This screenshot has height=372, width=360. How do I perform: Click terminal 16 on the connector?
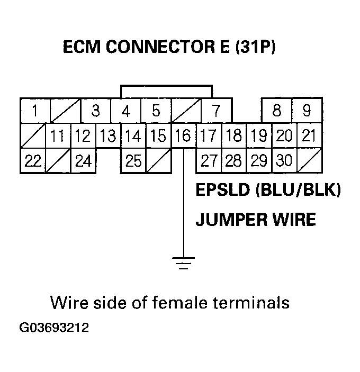pos(183,136)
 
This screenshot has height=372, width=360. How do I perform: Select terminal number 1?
pos(34,111)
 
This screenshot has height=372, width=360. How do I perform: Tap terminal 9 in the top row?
pos(308,111)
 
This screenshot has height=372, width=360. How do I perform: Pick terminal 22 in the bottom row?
pos(32,161)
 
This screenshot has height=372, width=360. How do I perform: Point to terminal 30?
pos(284,161)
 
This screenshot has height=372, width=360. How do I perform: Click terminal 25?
pos(133,161)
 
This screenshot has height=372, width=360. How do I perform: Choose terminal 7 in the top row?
pos(216,111)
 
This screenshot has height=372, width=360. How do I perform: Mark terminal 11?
pos(58,136)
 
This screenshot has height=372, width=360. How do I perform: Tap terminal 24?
pos(83,161)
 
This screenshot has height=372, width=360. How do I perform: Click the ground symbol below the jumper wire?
pos(183,262)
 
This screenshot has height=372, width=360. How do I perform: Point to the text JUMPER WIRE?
pos(255,219)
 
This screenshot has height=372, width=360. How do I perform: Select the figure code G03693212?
pos(54,328)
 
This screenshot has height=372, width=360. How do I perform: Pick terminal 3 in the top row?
pos(95,111)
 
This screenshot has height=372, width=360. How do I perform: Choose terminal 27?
pos(209,161)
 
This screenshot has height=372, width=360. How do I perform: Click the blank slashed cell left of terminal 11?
pos(32,136)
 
